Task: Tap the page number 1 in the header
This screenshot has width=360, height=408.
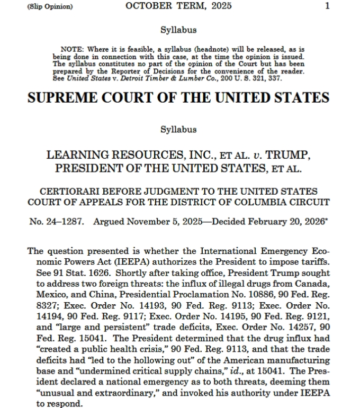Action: [x=328, y=6]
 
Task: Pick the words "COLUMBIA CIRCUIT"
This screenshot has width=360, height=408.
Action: [x=285, y=202]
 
